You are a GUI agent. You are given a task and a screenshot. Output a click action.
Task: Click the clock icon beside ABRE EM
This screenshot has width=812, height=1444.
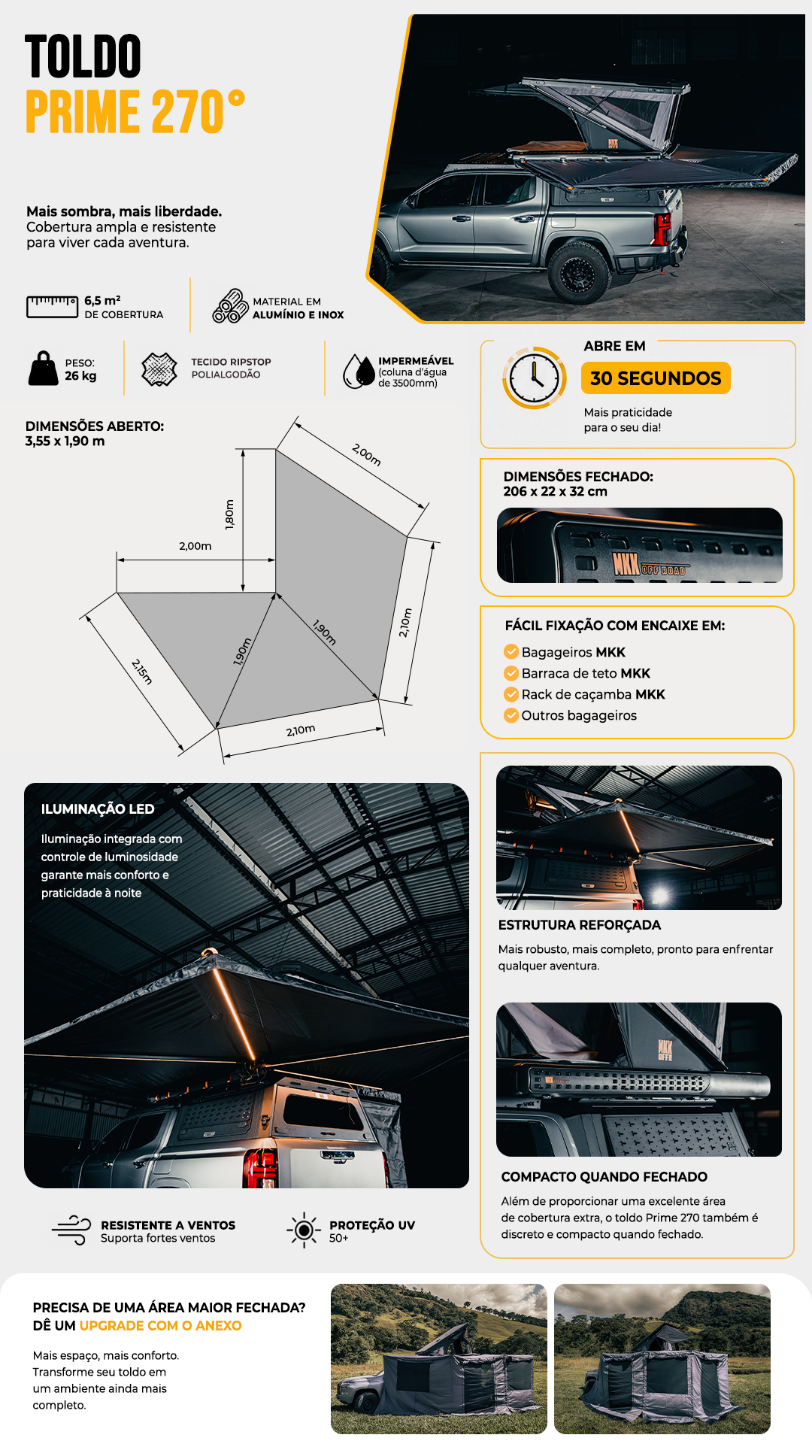pos(535,378)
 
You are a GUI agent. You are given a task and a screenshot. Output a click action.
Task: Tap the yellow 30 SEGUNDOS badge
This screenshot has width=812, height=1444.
pos(656,378)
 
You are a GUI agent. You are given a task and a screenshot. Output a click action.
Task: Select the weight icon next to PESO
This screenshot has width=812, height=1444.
pos(44,369)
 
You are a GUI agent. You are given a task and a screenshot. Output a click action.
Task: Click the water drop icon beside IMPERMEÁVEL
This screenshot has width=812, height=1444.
pos(359,371)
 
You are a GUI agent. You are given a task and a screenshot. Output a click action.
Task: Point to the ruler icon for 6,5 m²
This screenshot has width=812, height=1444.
pos(53,307)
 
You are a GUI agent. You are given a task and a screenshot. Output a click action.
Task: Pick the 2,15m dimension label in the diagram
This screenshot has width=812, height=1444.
pos(142,672)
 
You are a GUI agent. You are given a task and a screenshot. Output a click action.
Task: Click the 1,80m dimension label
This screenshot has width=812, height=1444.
pos(230,514)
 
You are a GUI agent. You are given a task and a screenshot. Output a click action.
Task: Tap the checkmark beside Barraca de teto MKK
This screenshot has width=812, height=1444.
pos(511,672)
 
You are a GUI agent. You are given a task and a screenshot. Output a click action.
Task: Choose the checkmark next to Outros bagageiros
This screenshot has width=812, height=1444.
pos(511,714)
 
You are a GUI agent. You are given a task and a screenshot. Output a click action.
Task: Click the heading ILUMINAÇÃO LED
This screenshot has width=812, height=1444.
pos(98,809)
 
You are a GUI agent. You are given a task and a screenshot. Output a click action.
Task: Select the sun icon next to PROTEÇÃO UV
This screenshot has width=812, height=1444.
pos(304,1230)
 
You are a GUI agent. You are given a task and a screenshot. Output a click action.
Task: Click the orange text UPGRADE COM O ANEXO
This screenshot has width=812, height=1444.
pos(161,1326)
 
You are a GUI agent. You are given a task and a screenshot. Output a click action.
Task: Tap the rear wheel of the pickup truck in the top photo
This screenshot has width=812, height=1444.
pos(579,272)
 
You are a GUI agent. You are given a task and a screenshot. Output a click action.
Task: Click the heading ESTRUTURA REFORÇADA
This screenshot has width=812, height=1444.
pos(580,925)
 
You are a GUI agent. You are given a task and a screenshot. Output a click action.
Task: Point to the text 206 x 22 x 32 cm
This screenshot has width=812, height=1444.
pos(556,491)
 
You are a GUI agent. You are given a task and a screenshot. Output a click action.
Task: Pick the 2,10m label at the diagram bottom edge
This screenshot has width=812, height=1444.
pos(301,730)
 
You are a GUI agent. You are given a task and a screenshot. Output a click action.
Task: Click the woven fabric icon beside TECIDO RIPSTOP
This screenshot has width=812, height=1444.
pos(159,369)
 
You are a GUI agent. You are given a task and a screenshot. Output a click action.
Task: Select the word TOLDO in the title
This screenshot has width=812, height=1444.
pos(83,57)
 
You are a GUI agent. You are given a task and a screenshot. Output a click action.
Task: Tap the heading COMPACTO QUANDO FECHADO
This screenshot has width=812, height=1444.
pos(604,1177)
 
